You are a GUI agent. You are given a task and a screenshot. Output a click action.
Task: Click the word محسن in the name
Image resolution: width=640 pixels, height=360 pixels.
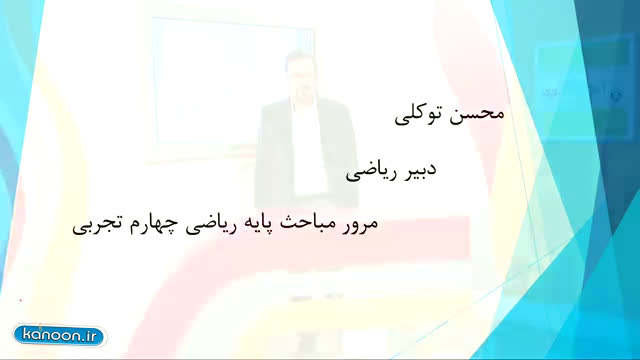[x=477, y=114]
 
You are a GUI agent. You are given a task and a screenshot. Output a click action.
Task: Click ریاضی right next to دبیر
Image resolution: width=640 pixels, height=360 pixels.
[x=371, y=172]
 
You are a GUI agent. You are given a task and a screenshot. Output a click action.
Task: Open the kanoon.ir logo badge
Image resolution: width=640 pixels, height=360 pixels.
[x=60, y=336]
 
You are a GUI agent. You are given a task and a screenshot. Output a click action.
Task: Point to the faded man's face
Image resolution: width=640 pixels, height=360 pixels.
[x=299, y=76]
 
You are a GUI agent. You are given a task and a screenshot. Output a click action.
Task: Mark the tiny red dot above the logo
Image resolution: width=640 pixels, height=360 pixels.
[x=20, y=300]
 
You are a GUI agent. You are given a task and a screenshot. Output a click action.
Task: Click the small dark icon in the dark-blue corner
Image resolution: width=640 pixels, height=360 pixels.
[x=616, y=96]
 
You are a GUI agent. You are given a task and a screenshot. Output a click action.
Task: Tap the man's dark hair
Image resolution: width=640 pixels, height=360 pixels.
[x=298, y=56]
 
